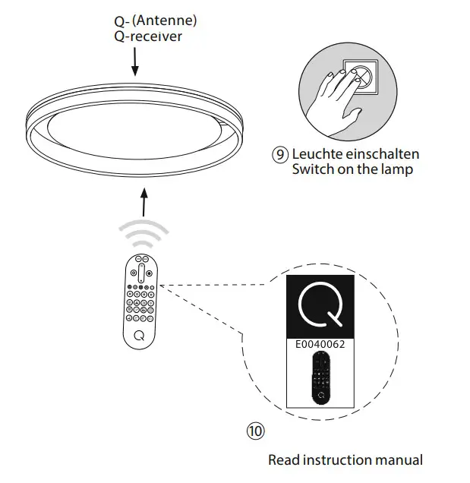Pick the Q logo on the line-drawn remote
pos(139,334)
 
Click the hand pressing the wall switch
pos(335,95)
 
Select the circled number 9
pos(280,154)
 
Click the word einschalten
pos(379,154)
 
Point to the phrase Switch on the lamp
pos(352,169)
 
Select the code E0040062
pos(319,344)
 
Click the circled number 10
pos(255,431)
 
